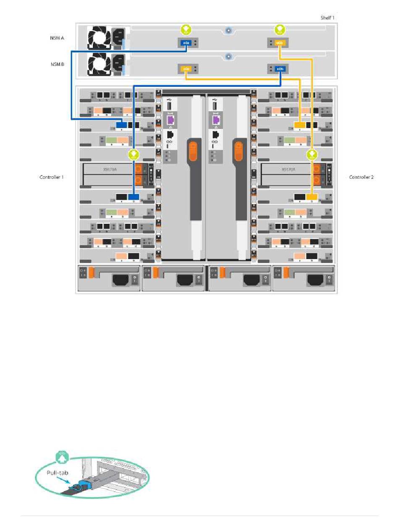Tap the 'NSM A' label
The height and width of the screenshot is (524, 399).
[x=57, y=38]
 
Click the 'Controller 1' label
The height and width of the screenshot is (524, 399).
[x=52, y=177]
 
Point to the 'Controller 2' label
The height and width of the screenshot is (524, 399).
[x=361, y=177]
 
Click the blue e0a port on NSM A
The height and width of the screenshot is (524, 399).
[x=186, y=43]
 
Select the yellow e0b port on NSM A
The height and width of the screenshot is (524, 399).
[x=280, y=43]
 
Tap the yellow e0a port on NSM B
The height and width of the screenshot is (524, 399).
[x=186, y=68]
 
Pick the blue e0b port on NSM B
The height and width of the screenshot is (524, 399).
[x=280, y=68]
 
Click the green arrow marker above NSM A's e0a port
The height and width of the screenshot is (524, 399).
[x=186, y=29]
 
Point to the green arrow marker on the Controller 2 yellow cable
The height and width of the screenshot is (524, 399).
[x=312, y=155]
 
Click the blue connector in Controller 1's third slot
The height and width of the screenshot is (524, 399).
[x=122, y=125]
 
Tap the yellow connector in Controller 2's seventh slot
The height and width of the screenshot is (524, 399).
[x=311, y=197]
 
